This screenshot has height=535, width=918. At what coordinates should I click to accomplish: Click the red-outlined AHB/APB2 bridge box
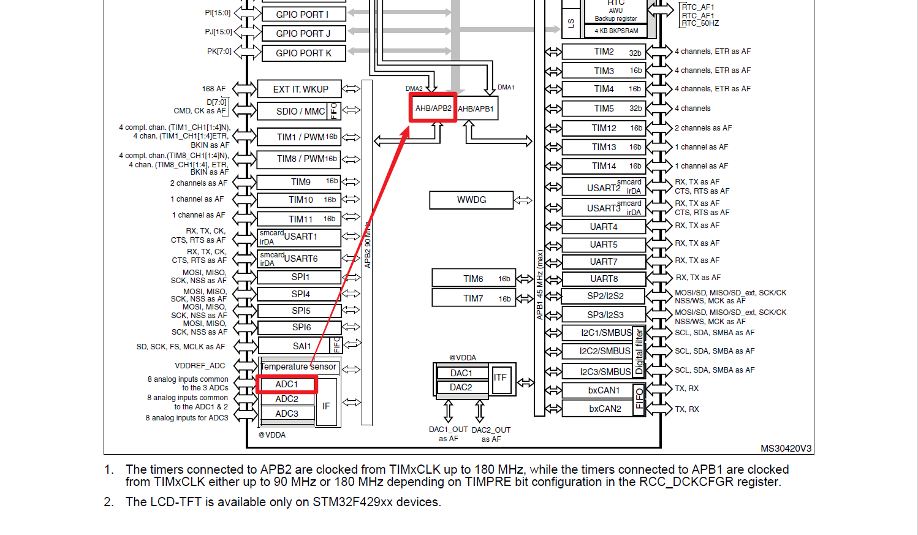tap(433, 108)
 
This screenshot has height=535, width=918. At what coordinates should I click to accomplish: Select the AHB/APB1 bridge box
tap(477, 108)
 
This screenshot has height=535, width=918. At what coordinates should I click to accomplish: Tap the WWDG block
tap(471, 200)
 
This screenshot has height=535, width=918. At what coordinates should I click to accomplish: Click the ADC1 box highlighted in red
tap(286, 384)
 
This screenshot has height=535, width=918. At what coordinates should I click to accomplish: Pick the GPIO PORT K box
tap(304, 53)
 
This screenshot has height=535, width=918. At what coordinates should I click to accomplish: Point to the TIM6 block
tap(474, 279)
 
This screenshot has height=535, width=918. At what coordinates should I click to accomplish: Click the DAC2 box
tap(461, 387)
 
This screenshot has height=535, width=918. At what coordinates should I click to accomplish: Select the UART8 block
tap(604, 279)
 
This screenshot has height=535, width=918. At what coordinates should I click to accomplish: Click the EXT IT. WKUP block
tap(300, 89)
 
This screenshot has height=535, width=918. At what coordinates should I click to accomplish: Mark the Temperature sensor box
tap(299, 366)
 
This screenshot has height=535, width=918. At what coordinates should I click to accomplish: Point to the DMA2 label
tap(414, 88)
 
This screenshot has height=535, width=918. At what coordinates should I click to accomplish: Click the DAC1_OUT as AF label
tap(449, 434)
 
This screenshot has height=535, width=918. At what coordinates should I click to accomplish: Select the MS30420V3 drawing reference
tap(786, 449)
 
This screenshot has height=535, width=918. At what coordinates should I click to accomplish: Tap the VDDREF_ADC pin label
tap(200, 366)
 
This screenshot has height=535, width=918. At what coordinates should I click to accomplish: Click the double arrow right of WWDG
tap(523, 200)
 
